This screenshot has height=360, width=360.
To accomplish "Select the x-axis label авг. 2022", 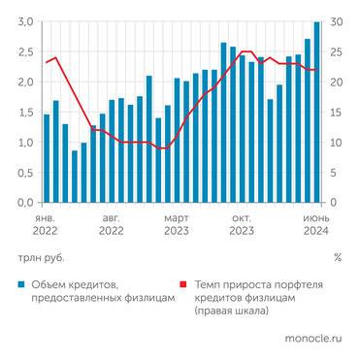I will point(111,225).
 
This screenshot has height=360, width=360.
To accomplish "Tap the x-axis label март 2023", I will point(176,225).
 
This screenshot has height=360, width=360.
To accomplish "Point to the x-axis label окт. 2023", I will point(241,225).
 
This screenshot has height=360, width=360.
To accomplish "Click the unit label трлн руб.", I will point(38,258).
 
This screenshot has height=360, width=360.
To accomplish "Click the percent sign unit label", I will point(337,258).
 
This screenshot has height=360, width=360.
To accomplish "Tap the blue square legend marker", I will point(19,284).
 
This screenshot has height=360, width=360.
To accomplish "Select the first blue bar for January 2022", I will point(47,159).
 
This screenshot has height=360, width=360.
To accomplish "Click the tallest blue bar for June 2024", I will point(317,112).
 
